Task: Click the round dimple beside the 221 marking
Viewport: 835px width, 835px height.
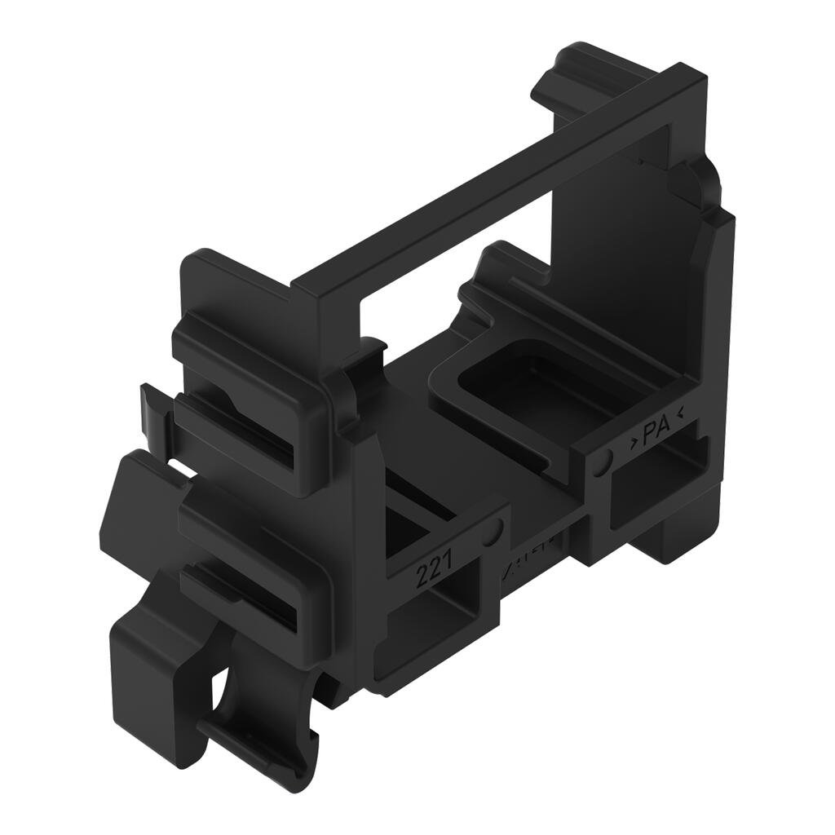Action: pos(491,533)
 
